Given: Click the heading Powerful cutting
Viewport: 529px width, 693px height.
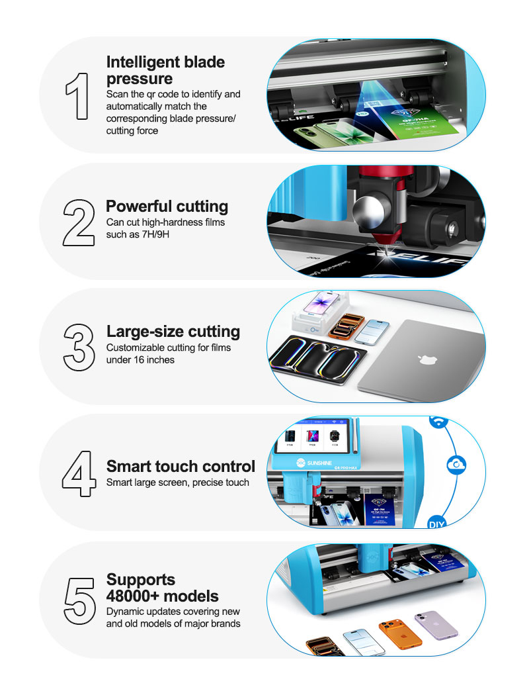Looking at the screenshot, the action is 167,207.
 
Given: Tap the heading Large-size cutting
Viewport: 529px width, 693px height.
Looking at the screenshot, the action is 173,332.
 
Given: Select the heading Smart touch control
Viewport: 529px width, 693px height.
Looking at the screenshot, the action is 181,466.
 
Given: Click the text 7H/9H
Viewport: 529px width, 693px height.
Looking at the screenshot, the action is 155,234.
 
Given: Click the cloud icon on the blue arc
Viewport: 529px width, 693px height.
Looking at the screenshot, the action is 456,465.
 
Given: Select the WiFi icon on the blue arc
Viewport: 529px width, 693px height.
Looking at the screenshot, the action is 438,421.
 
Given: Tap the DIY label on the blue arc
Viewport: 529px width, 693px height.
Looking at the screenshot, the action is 436,524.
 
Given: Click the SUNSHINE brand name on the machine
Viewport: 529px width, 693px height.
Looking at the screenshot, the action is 319,463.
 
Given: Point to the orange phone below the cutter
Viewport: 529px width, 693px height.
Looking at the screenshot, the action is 400,634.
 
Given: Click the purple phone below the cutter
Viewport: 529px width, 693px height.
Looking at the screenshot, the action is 436,625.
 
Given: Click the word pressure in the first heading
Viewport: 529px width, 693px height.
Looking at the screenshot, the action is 140,79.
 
